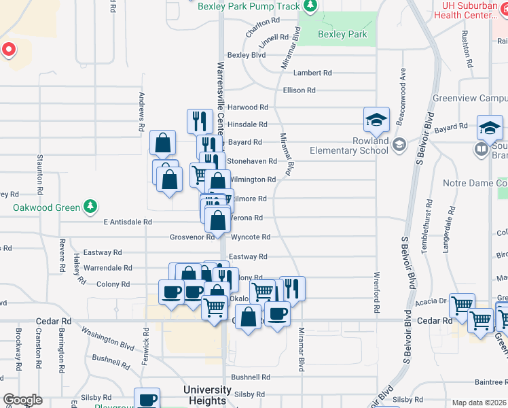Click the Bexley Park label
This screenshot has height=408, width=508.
[x=342, y=34]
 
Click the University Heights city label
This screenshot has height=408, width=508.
[x=207, y=395]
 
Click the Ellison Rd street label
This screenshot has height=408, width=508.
[x=299, y=90]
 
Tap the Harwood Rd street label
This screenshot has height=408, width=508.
[x=247, y=107]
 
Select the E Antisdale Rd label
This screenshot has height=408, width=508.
[x=127, y=222]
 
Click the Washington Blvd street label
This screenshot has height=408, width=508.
[x=109, y=337]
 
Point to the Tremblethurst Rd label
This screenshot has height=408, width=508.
[x=427, y=226]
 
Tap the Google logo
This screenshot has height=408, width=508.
[x=22, y=400]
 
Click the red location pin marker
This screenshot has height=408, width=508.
[x=8, y=49]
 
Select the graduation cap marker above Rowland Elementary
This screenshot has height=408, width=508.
[x=376, y=120]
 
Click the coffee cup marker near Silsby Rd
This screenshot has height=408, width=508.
[x=147, y=399]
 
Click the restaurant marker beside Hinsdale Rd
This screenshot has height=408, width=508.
[x=200, y=121]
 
